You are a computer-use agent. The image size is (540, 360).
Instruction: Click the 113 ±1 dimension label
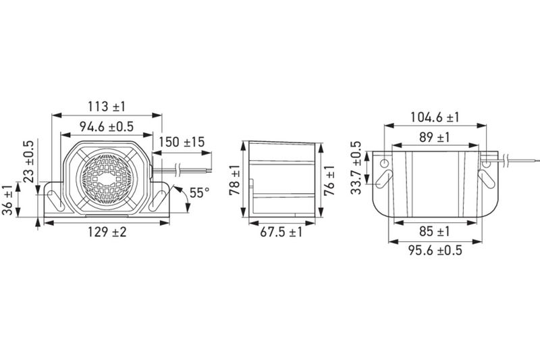(x=107, y=107)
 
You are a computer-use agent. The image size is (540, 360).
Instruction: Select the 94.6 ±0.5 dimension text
(x=107, y=127)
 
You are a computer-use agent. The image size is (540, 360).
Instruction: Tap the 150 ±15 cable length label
(x=182, y=142)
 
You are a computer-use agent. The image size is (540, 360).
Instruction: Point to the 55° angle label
(x=199, y=192)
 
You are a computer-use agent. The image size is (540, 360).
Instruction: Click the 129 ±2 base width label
(x=107, y=232)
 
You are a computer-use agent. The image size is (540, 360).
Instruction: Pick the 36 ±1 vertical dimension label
(x=7, y=200)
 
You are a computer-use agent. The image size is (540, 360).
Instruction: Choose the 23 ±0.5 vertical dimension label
(x=28, y=161)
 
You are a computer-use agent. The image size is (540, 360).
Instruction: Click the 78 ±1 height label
(x=234, y=180)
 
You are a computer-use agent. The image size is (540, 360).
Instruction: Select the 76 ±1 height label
(x=329, y=180)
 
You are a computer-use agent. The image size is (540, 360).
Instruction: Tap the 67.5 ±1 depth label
(x=281, y=232)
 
